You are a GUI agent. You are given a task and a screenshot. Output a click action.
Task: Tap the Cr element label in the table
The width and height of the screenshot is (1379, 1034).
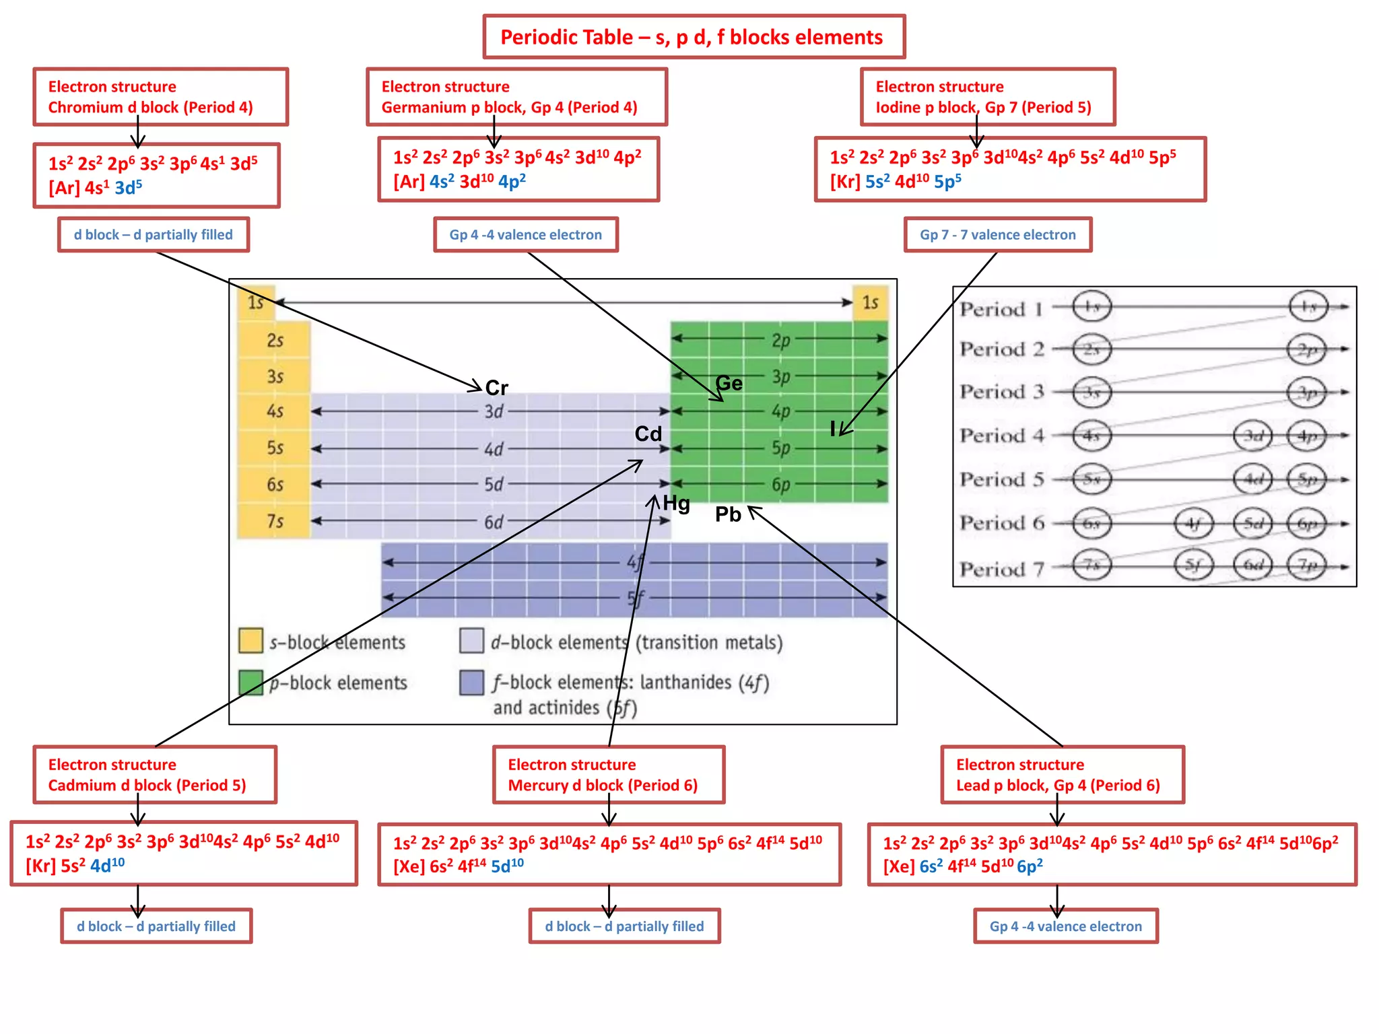[497, 388]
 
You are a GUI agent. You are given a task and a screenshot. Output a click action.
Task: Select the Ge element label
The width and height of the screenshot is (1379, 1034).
[729, 383]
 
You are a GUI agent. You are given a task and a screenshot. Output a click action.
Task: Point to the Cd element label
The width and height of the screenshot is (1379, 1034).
[648, 434]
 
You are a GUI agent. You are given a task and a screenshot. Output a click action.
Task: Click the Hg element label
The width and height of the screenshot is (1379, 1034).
[677, 503]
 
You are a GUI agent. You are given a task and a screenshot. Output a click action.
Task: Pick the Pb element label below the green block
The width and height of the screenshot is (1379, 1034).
[728, 514]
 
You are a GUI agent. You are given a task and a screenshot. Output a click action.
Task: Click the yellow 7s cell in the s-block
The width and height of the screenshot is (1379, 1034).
[275, 521]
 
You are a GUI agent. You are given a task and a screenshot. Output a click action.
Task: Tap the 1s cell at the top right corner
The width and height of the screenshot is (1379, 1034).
[870, 302]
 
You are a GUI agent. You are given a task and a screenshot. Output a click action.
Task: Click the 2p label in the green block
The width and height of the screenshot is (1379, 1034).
[780, 340]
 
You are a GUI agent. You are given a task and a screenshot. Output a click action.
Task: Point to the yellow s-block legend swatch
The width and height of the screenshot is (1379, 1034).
[250, 641]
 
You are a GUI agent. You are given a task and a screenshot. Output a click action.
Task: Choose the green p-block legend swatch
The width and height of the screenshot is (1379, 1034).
[250, 682]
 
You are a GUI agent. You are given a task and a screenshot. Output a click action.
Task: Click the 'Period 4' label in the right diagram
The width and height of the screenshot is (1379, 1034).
[1001, 436]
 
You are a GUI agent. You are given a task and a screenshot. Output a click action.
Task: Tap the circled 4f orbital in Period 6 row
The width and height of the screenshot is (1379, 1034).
[1193, 524]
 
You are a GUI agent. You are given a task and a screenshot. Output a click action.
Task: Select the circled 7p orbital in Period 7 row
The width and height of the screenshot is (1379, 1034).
[1307, 565]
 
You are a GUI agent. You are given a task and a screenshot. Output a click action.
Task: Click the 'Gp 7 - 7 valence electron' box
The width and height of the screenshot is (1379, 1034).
[997, 235]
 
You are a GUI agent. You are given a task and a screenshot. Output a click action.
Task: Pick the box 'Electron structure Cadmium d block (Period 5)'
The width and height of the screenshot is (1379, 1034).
[155, 775]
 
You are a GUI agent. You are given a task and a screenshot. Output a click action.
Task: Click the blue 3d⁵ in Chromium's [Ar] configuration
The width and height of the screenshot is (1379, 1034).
[128, 187]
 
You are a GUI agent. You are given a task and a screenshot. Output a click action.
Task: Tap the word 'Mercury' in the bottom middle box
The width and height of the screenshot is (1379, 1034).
[537, 786]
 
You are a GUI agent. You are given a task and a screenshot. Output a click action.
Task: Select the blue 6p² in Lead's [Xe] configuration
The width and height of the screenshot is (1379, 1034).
[1030, 866]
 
